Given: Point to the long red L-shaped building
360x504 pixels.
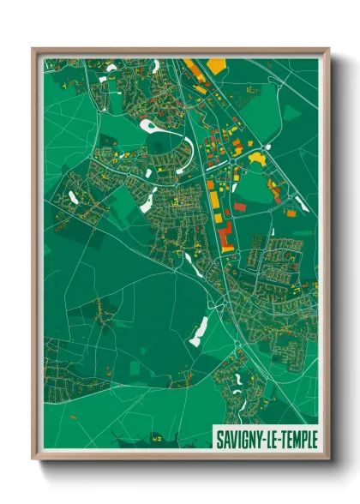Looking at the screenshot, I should coord(225,233).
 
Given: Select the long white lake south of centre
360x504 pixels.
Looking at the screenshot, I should coord(199,330).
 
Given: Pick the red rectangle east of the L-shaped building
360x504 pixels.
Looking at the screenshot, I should coord(241,207).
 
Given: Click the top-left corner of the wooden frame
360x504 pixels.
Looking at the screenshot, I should coord(33,49).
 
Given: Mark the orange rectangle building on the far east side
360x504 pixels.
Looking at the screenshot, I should coord(291,213).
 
